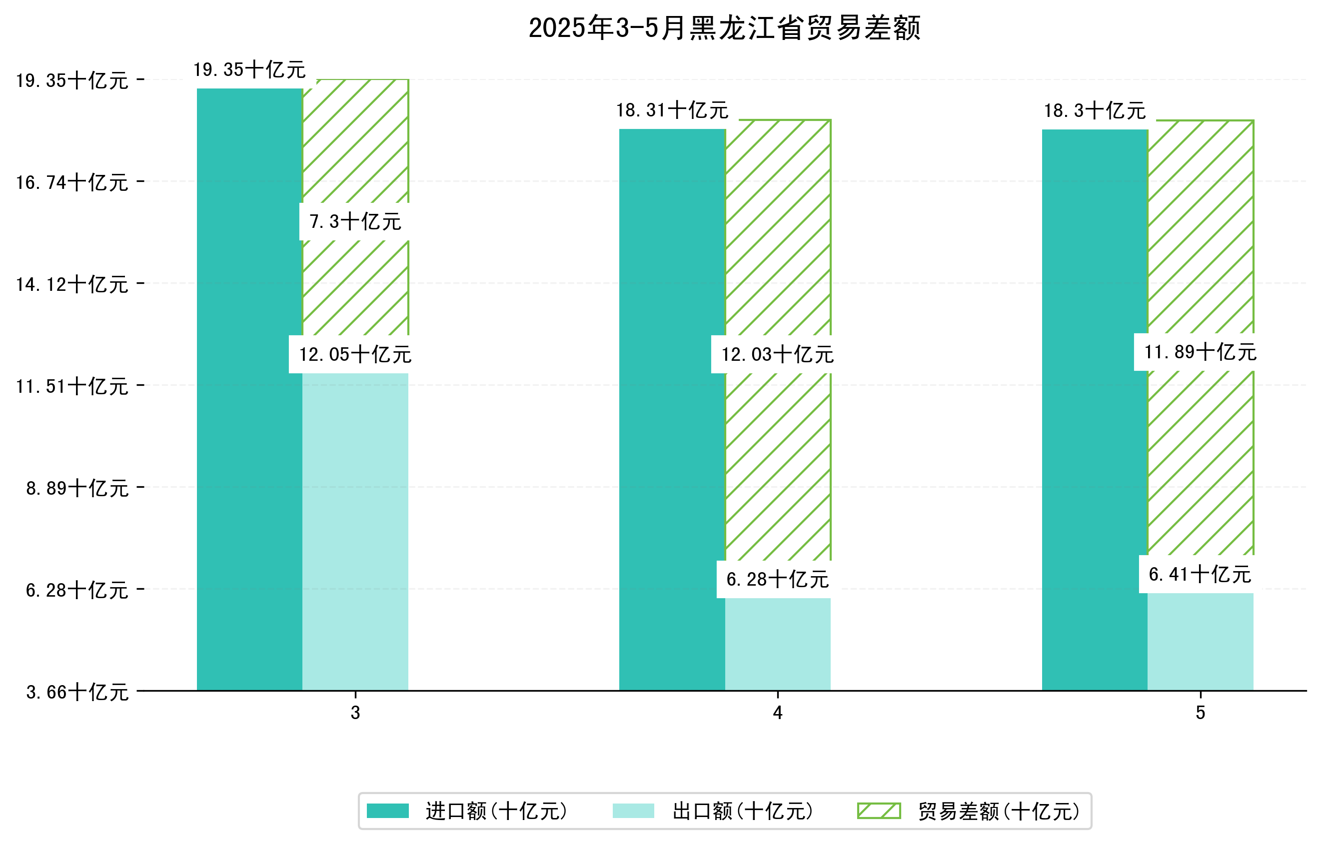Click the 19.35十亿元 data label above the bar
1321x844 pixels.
click(x=249, y=69)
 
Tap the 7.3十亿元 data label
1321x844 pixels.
click(x=355, y=221)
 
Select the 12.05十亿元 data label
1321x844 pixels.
click(x=355, y=354)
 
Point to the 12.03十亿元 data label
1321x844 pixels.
click(x=777, y=354)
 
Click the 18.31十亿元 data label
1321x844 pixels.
click(x=672, y=110)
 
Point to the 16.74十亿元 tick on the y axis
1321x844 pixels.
click(x=72, y=182)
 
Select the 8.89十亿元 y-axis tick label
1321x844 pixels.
click(x=77, y=488)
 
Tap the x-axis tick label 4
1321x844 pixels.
click(x=777, y=713)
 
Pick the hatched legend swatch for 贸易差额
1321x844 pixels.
click(x=879, y=811)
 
